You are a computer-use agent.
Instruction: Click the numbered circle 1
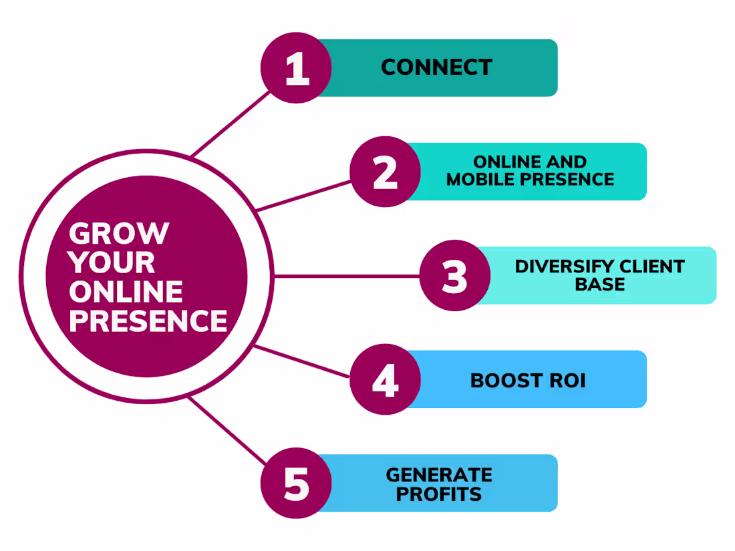pyautogui.click(x=296, y=68)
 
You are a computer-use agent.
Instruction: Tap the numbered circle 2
pyautogui.click(x=385, y=172)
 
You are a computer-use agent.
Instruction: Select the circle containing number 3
pyautogui.click(x=455, y=275)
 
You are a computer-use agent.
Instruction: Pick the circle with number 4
pyautogui.click(x=385, y=379)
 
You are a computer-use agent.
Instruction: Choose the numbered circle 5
pyautogui.click(x=296, y=484)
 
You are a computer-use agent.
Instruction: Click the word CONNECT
pyautogui.click(x=436, y=67)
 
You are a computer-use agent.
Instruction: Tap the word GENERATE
pyautogui.click(x=439, y=475)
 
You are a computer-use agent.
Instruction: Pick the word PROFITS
pyautogui.click(x=439, y=495)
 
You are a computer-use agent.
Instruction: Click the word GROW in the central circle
pyautogui.click(x=119, y=234)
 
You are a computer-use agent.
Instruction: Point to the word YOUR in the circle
pyautogui.click(x=112, y=263)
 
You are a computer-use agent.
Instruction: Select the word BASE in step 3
pyautogui.click(x=600, y=285)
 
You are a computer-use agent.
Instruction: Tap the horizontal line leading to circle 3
pyautogui.click(x=347, y=276)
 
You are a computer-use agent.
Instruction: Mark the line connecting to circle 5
pyautogui.click(x=227, y=429)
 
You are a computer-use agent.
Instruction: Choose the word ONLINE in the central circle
pyautogui.click(x=126, y=292)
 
